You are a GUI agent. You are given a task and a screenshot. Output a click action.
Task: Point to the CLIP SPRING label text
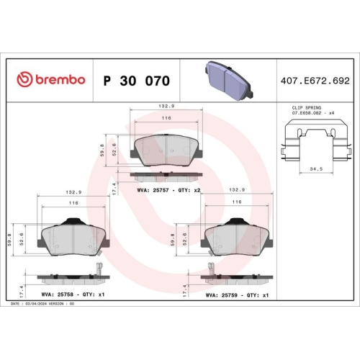pyautogui.click(x=295, y=107)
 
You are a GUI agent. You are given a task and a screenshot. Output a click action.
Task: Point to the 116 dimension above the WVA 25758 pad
pyautogui.click(x=73, y=204)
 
